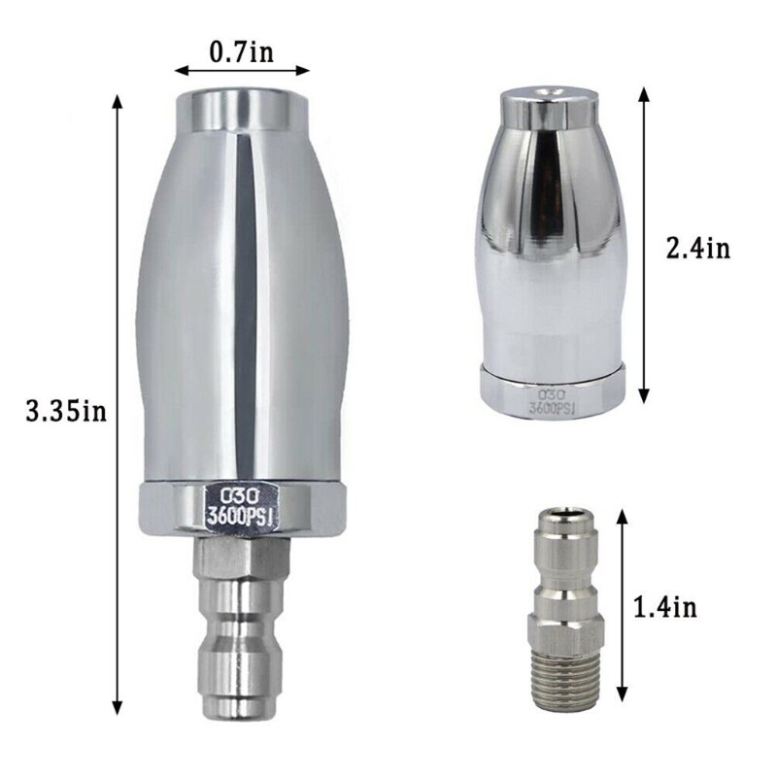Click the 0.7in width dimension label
(x=241, y=51)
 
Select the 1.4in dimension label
(x=664, y=608)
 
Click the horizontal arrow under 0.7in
(x=241, y=71)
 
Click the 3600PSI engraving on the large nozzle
(x=240, y=517)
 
